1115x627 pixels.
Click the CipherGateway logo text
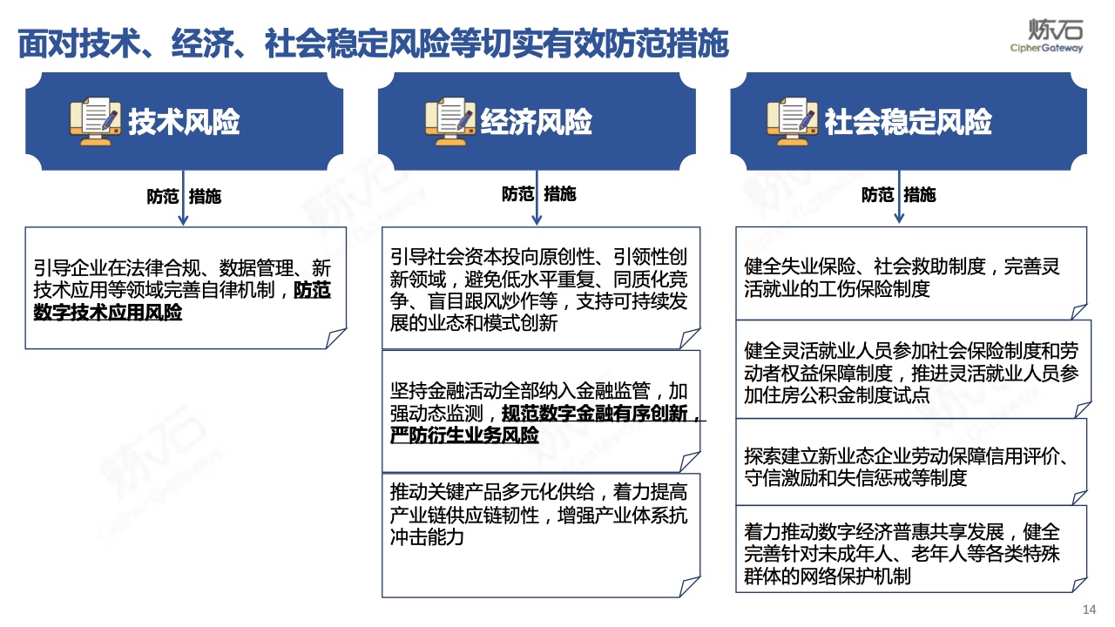(x=1046, y=48)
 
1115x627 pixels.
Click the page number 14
(x=1089, y=610)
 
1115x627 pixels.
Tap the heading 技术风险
(x=184, y=122)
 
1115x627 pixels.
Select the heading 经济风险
(x=536, y=122)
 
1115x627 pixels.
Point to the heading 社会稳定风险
(x=908, y=122)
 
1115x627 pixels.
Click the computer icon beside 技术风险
(x=95, y=122)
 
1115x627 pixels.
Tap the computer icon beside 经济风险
(x=450, y=122)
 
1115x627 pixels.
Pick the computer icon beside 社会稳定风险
(x=792, y=122)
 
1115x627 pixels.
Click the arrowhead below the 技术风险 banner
(x=183, y=219)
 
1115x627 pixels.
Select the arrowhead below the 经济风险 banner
(x=537, y=219)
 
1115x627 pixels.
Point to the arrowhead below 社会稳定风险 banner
(x=899, y=218)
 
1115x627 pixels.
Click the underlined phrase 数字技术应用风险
(x=107, y=313)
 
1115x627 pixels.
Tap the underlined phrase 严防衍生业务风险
(x=464, y=435)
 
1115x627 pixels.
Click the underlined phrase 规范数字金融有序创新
(x=594, y=413)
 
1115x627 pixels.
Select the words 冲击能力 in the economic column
(x=427, y=537)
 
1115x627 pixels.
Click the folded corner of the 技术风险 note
(x=336, y=339)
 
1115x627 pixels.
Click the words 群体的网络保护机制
(x=828, y=576)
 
